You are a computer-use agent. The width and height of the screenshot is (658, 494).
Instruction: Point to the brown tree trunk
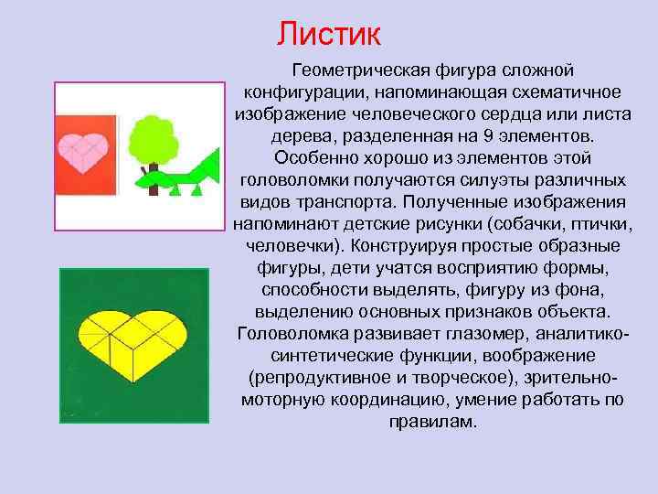(154, 187)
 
